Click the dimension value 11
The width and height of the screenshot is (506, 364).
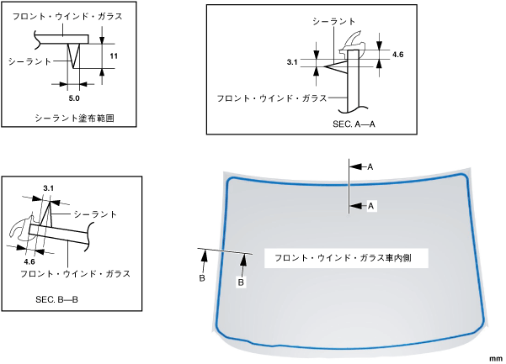pyautogui.click(x=114, y=55)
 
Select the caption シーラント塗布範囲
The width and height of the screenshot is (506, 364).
pyautogui.click(x=74, y=119)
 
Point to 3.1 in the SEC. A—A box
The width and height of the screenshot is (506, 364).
pyautogui.click(x=292, y=62)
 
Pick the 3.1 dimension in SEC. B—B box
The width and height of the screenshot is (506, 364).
pyautogui.click(x=48, y=187)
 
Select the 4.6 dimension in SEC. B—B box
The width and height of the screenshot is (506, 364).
pyautogui.click(x=30, y=261)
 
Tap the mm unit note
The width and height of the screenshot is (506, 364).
pyautogui.click(x=493, y=356)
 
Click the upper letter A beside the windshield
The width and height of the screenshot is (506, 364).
pyautogui.click(x=370, y=167)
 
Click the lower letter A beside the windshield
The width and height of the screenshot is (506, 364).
pyautogui.click(x=370, y=205)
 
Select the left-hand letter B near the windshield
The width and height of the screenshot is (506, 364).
pyautogui.click(x=202, y=277)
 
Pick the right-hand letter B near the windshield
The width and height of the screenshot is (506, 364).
pyautogui.click(x=241, y=282)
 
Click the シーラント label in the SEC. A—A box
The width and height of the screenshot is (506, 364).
pyautogui.click(x=333, y=19)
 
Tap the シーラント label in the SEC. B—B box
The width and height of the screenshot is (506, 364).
pyautogui.click(x=95, y=214)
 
